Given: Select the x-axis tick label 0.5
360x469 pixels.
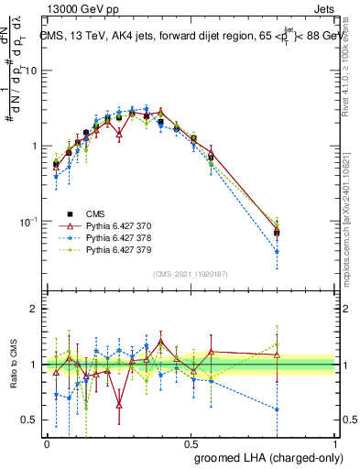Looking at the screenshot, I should [191, 442].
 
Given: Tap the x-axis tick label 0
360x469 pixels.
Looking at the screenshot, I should [47, 442].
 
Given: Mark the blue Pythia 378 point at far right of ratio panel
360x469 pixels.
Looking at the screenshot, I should [277, 409].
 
